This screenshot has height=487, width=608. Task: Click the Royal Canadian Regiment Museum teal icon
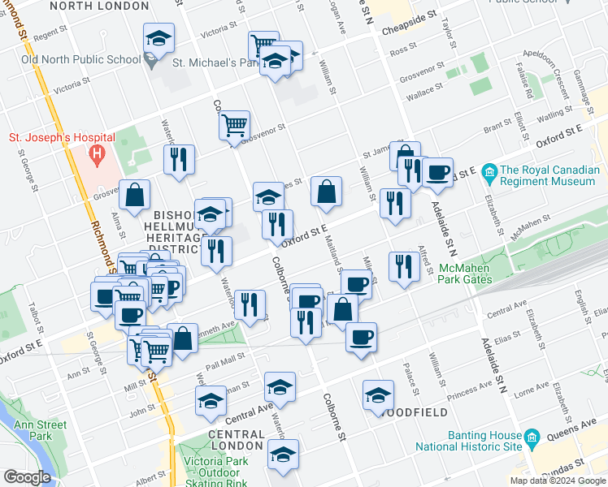(489, 171)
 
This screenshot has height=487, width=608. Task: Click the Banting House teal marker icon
(532, 439)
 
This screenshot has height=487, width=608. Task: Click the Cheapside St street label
(410, 15)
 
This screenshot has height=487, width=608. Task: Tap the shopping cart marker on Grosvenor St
(234, 125)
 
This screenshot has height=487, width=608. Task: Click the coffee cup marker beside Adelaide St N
(437, 172)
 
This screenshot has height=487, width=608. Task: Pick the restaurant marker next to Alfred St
(404, 266)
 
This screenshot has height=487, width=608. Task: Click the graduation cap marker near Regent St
(159, 37)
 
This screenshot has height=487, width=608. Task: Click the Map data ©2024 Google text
(557, 481)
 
